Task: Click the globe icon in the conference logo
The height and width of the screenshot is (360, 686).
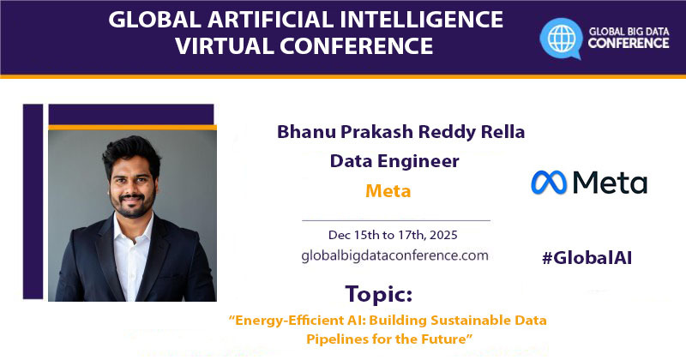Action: point(563,38)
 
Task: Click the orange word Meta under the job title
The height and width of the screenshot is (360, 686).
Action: point(388,190)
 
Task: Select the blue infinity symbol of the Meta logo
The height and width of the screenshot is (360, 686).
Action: point(548,182)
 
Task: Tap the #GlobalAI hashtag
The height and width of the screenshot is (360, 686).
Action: point(587,257)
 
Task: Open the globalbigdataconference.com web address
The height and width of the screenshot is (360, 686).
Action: point(394,255)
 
